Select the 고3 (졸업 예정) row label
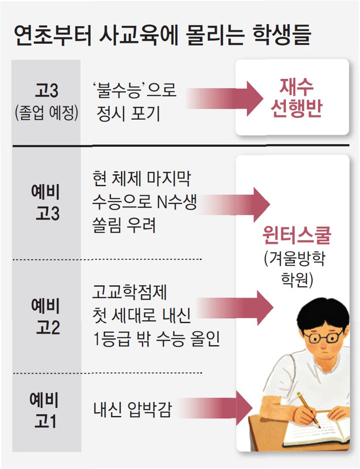46,102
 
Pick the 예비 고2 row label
46,317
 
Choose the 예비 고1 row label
46,411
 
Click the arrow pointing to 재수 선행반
225,97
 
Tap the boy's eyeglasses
325,338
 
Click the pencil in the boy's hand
308,409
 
